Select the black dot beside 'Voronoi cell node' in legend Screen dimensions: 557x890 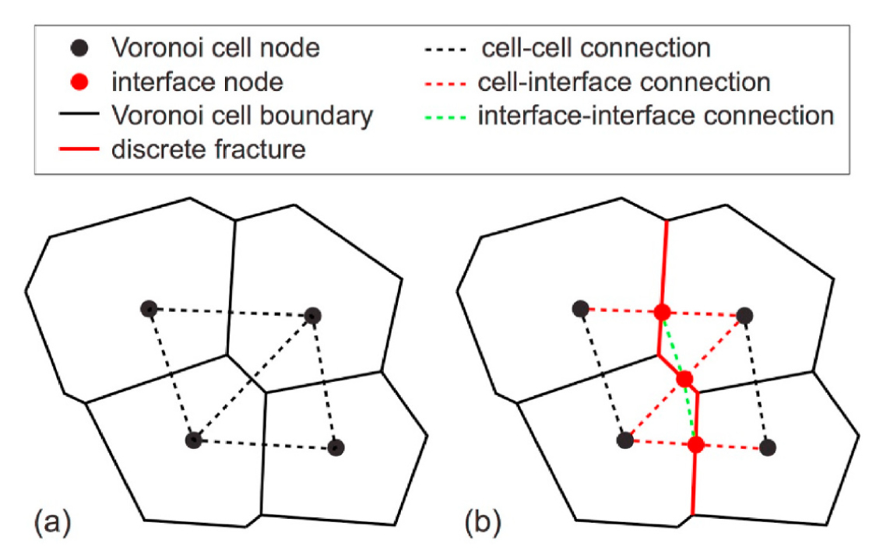click(x=85, y=48)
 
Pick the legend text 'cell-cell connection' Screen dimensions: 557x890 click(x=596, y=48)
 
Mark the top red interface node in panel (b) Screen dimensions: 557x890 click(x=662, y=312)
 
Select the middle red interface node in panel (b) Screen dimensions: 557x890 click(x=684, y=379)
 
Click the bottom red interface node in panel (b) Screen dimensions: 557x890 click(x=696, y=445)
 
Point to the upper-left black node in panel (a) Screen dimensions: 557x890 click(x=149, y=309)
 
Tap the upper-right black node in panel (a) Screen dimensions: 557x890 click(x=313, y=315)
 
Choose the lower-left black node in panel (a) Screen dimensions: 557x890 click(x=193, y=440)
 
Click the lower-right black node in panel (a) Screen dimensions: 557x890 click(x=336, y=447)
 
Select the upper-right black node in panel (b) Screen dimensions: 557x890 click(x=744, y=315)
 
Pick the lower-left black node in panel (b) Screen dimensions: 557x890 click(x=624, y=441)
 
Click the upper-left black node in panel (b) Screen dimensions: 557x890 click(x=580, y=309)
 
